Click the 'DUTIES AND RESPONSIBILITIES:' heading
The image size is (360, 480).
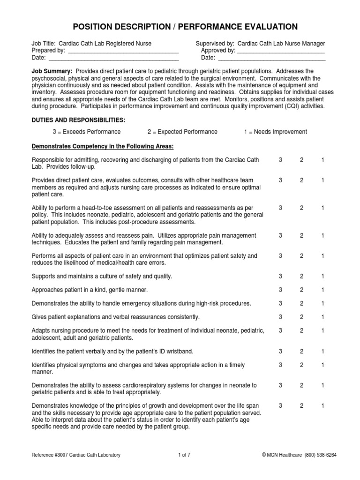coord(78,120)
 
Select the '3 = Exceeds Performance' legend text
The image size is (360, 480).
coord(86,132)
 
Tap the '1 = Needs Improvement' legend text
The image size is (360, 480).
coord(276,132)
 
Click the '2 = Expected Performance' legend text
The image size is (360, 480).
coord(182,132)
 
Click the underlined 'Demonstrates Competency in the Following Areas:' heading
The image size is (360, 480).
coord(103,147)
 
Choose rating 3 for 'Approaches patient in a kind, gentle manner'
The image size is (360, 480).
coord(280,290)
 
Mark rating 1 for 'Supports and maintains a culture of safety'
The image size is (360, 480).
coord(323,277)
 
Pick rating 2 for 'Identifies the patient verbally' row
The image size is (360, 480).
coord(302,351)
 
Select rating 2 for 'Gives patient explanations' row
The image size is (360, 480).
coord(302,317)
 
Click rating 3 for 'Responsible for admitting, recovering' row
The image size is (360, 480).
coord(280,160)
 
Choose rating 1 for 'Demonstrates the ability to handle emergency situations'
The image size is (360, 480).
coord(323,304)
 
